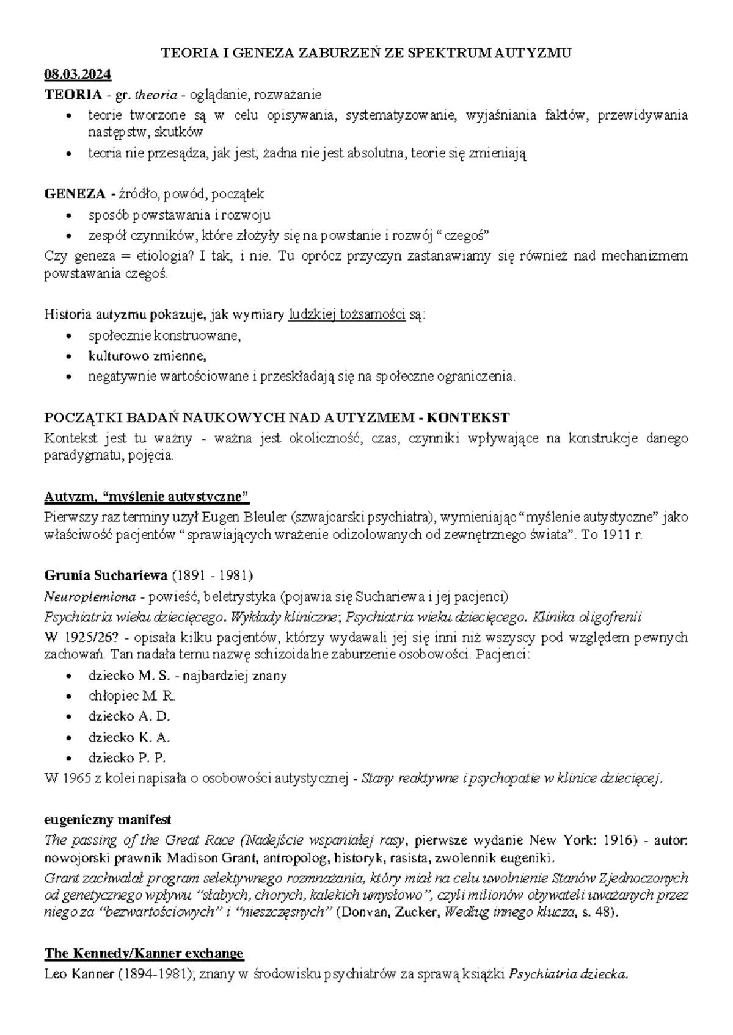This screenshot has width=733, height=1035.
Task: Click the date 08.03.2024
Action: pyautogui.click(x=78, y=74)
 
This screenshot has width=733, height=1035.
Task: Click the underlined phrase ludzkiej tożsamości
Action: pyautogui.click(x=346, y=315)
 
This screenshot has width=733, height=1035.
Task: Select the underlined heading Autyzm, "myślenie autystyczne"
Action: pyautogui.click(x=147, y=495)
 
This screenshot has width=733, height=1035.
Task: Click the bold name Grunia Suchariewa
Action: pyautogui.click(x=105, y=575)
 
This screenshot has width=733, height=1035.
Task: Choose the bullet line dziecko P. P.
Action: pyautogui.click(x=127, y=757)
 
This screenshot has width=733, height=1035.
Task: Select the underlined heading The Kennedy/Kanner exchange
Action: pyautogui.click(x=144, y=953)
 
